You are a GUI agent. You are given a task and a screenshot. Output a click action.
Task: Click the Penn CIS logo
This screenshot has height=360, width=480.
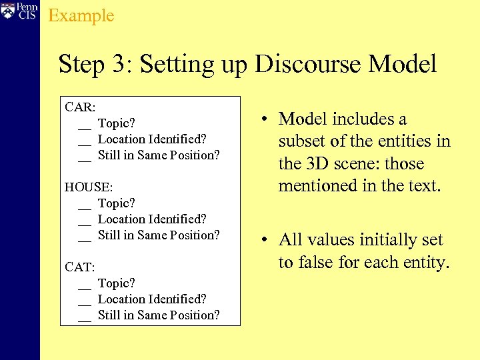point(20,12)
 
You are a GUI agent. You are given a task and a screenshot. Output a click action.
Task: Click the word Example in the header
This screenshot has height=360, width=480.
point(81,15)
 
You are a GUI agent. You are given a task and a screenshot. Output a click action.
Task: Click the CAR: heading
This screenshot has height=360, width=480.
point(80,107)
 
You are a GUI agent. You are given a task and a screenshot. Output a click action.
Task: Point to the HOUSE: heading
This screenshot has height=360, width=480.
point(89,187)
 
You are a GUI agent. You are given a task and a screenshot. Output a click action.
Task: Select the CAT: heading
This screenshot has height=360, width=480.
point(79,267)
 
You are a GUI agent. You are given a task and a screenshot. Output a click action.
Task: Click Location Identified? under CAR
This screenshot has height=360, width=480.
point(152,139)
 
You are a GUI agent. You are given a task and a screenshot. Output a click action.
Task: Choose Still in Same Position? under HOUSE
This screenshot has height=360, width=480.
point(159,235)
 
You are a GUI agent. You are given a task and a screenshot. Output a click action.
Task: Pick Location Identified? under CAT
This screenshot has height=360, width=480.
point(152,299)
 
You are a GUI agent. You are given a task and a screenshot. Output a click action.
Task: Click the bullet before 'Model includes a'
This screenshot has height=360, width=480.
point(265,120)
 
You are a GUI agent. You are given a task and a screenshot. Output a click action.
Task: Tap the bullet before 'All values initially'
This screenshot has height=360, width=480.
point(265,241)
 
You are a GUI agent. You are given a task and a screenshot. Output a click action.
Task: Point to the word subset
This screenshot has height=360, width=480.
point(301,141)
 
